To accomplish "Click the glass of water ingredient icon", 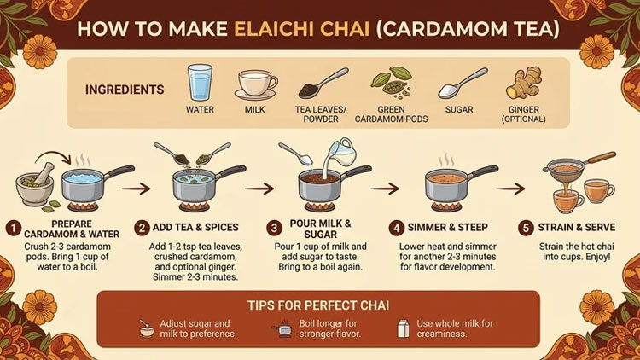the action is coord(200,82).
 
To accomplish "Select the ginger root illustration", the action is coord(524,84).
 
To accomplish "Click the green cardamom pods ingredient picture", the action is coord(391,83).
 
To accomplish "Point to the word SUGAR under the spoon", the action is coord(459,110).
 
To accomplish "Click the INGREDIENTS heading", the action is coord(125,90).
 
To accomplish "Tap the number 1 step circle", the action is coord(14,229).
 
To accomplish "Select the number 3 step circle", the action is coord(274,228).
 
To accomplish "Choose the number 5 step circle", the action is coord(526,228).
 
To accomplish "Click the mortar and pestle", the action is coord(36,183).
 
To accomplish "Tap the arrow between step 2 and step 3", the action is coord(259,189).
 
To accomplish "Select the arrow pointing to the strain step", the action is coord(510,189).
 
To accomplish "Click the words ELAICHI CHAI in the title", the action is coord(301,29).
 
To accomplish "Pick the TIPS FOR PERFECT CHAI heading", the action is coord(318,305).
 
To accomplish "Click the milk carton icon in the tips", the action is coord(404,328).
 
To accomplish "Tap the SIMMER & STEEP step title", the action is coord(448,228).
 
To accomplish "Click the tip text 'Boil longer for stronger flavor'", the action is coord(329,328).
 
